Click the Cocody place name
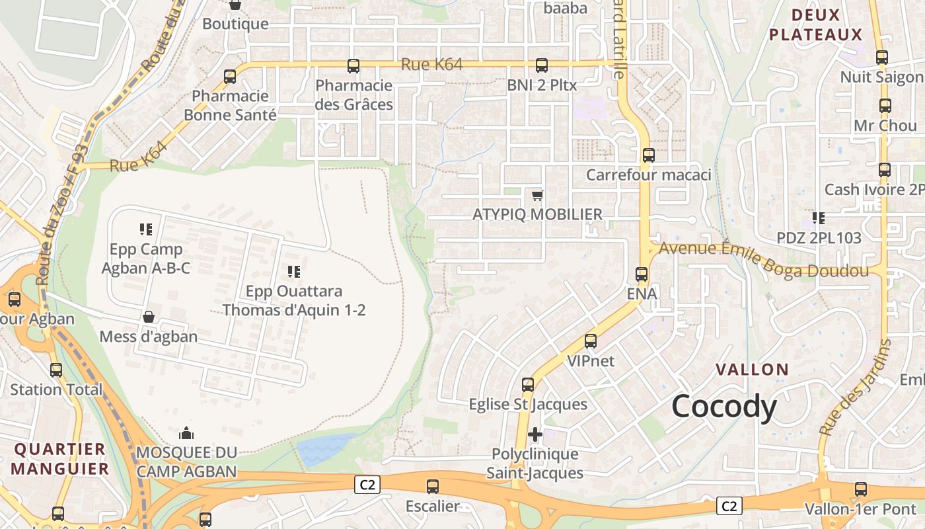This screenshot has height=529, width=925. [x=724, y=407]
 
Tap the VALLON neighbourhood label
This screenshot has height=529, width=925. [x=753, y=370]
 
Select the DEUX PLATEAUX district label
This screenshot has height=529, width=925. [x=816, y=25]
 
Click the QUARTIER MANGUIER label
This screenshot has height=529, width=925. [x=60, y=459]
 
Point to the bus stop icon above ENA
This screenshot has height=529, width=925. [x=642, y=274]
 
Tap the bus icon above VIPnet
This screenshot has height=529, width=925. [x=591, y=341]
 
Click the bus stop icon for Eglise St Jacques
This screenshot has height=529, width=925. [x=528, y=384]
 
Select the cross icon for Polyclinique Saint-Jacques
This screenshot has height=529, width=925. [x=535, y=434]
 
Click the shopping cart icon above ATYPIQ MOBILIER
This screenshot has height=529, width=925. [x=538, y=195]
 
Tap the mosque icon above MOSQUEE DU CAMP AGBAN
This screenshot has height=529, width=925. [x=186, y=433]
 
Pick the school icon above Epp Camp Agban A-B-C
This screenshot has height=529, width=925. [x=146, y=229]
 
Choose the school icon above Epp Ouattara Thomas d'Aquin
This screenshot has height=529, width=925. [x=294, y=271]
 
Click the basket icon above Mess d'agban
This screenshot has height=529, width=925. [x=149, y=317]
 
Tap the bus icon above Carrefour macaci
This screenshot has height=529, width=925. [x=649, y=155]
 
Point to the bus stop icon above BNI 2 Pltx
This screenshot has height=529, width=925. [x=542, y=65]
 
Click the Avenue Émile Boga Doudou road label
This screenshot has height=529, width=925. [x=762, y=259]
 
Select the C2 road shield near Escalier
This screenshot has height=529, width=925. [x=367, y=485]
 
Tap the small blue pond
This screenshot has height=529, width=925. [x=324, y=450]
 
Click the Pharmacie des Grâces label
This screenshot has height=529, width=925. [x=354, y=95]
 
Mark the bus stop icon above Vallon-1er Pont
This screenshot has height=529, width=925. [x=861, y=489]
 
